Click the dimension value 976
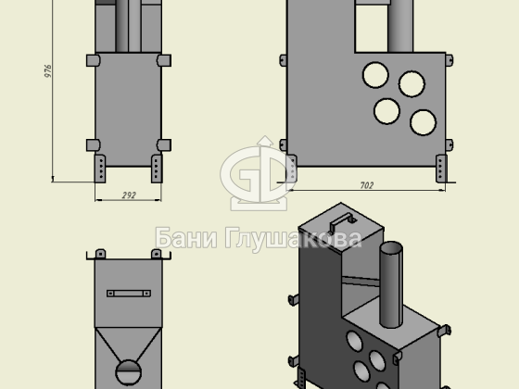[48, 71]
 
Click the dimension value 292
[129, 195]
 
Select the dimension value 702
[367, 185]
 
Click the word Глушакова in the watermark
[294, 239]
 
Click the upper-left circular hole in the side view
[375, 75]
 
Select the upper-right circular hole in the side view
[411, 84]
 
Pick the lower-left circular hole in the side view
[387, 111]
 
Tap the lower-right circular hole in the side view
[423, 122]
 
